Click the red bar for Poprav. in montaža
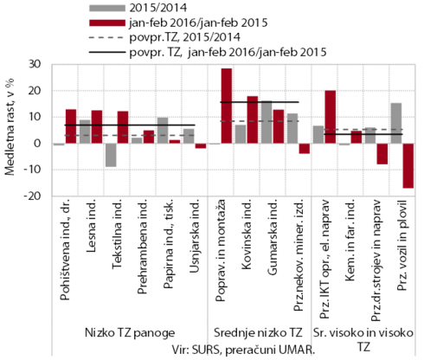[x=227, y=106]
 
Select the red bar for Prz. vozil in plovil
[x=408, y=165]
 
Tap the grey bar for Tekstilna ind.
[x=111, y=155]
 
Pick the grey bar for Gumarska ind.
[x=267, y=122]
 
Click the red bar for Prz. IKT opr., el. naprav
[x=331, y=117]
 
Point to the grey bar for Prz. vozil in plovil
[x=396, y=123]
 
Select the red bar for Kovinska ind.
[x=253, y=119]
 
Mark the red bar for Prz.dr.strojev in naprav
[x=382, y=154]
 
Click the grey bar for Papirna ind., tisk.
[x=163, y=131]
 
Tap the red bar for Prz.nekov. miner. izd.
[x=305, y=149]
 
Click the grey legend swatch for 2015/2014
[x=107, y=8]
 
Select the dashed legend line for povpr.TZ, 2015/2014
[x=107, y=37]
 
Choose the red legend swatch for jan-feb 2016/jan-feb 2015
[x=107, y=22]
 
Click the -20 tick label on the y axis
[x=33, y=196]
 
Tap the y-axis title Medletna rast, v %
[x=10, y=127]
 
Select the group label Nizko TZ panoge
[x=130, y=332]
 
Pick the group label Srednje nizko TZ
[x=258, y=332]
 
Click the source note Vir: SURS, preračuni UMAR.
[x=243, y=350]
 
